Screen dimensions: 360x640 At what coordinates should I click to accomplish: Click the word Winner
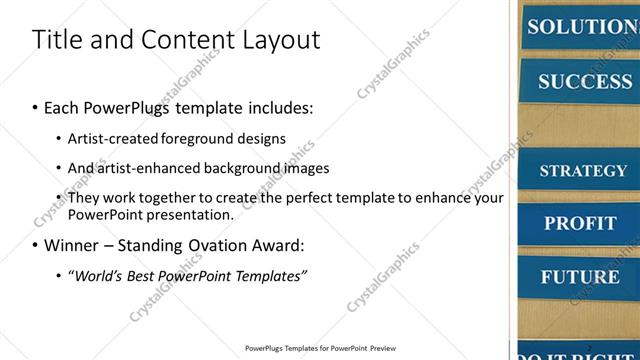pos(70,245)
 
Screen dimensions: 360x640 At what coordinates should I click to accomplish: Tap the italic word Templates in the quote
pos(271,275)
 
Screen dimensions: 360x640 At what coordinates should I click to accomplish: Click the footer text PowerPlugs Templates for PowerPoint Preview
pos(319,349)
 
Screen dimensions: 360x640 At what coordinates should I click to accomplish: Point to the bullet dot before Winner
pos(35,245)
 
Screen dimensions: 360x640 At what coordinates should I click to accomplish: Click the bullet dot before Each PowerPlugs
pos(35,107)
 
